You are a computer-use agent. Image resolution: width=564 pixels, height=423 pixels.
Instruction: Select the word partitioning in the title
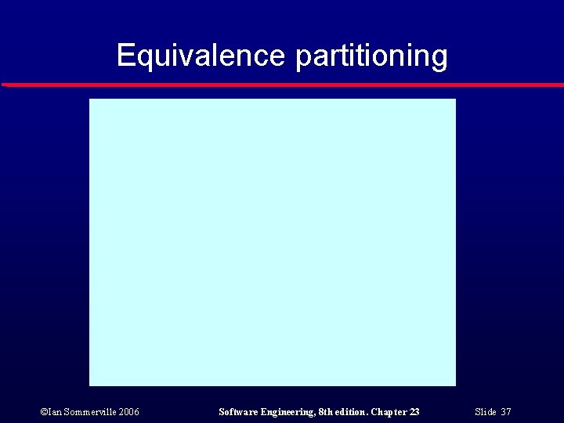click(372, 56)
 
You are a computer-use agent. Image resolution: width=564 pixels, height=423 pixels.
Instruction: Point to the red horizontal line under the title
click(282, 84)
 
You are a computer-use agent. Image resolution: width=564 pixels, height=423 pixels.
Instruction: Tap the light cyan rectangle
click(272, 242)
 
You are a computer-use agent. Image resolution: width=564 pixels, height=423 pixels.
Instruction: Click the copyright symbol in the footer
click(44, 412)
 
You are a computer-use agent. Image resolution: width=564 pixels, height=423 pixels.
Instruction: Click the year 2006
click(128, 412)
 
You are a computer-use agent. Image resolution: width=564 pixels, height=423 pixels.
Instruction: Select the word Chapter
click(389, 412)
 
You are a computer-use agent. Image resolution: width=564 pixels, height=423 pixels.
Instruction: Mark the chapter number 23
click(414, 412)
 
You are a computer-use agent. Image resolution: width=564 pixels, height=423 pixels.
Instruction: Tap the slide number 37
click(506, 412)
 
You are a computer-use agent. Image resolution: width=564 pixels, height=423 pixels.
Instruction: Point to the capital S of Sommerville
click(67, 412)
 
